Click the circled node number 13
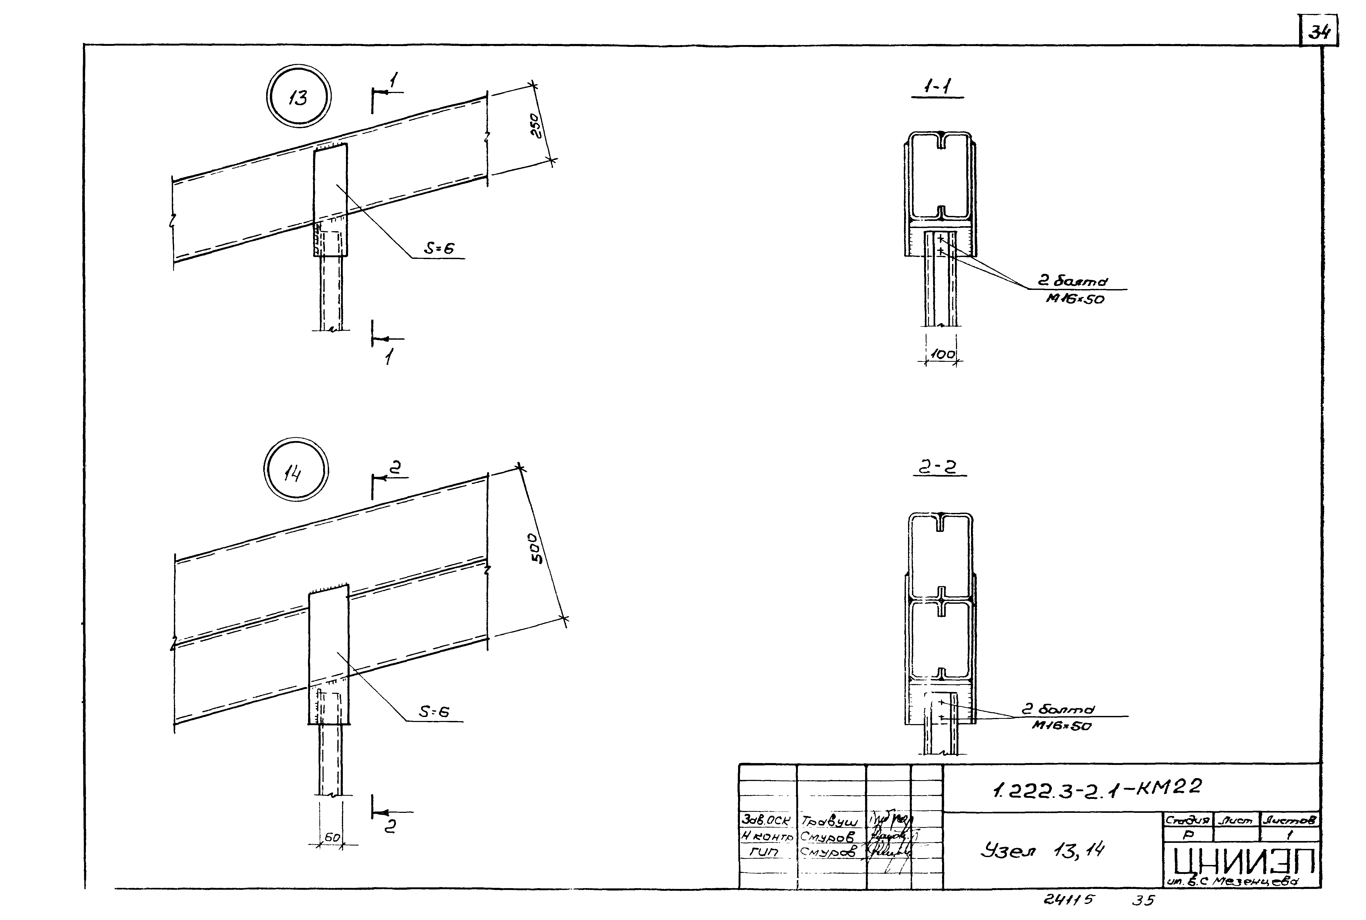298,96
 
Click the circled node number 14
295,470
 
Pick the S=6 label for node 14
435,712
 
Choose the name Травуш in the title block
830,822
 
